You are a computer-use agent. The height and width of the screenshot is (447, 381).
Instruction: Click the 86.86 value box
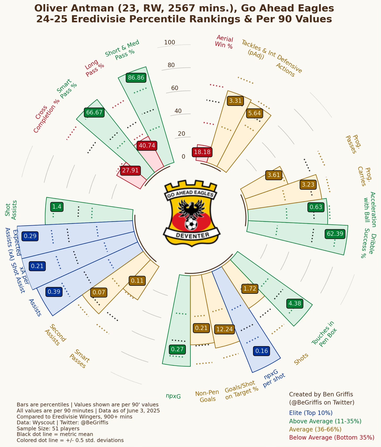pyautogui.click(x=136, y=78)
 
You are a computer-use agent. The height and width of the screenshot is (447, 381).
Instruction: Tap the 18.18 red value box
pyautogui.click(x=202, y=152)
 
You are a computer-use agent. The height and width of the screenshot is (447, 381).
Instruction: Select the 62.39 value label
pyautogui.click(x=335, y=233)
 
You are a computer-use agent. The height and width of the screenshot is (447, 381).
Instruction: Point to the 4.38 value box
pyautogui.click(x=295, y=303)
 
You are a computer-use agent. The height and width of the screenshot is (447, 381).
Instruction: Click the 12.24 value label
pyautogui.click(x=225, y=329)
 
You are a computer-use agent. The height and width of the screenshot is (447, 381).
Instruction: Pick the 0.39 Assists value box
pyautogui.click(x=54, y=292)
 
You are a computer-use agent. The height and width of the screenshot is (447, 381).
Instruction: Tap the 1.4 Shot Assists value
pyautogui.click(x=57, y=207)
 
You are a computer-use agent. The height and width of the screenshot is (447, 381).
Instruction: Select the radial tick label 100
pyautogui.click(x=170, y=42)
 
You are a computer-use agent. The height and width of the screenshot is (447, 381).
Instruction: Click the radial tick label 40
pyautogui.click(x=178, y=111)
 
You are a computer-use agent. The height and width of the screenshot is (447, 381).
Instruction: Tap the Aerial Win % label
pyautogui.click(x=224, y=42)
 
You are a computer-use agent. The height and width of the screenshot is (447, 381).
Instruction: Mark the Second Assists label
pyautogui.click(x=55, y=335)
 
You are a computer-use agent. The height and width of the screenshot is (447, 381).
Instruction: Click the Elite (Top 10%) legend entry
pyautogui.click(x=311, y=413)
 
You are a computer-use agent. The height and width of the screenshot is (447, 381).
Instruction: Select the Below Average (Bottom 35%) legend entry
pyautogui.click(x=332, y=437)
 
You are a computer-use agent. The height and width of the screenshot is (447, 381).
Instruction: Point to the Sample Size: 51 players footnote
pyautogui.click(x=48, y=428)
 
